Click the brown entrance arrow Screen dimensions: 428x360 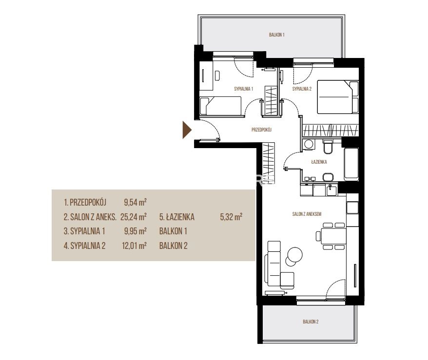[x=187, y=130]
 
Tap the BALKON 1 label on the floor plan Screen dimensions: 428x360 [x=276, y=35]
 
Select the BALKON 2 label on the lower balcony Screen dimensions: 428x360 [x=311, y=322]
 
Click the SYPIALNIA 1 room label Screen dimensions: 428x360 [x=243, y=89]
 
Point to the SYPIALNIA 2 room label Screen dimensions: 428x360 [x=302, y=89]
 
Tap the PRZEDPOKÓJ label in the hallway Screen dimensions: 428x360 [x=261, y=130]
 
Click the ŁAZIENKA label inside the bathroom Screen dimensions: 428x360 [x=319, y=162]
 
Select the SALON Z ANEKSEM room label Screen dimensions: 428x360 [x=307, y=214]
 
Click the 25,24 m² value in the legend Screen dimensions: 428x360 [x=134, y=217]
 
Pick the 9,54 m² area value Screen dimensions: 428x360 [x=135, y=202]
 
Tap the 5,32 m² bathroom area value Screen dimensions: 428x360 [x=231, y=217]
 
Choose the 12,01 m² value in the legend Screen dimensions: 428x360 [x=134, y=246]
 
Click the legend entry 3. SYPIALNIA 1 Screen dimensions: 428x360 [x=84, y=231]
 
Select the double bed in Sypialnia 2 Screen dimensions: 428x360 [x=338, y=97]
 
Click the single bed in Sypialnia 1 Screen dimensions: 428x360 [x=220, y=106]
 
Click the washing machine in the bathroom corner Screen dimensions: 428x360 [x=309, y=144]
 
